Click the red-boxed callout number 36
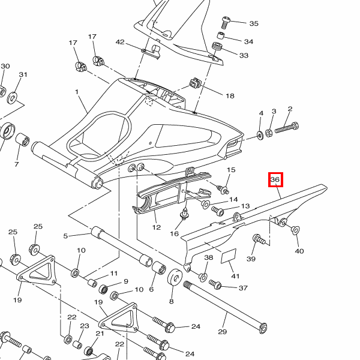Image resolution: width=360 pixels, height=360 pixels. coord(275,179)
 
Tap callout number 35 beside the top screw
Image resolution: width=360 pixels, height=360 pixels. coord(254,23)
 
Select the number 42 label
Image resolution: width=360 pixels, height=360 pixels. coord(120,42)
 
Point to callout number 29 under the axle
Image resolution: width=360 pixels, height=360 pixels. coord(223,332)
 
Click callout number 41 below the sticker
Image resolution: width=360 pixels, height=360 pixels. coord(235,276)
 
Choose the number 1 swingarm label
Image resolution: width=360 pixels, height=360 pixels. coord(77,92)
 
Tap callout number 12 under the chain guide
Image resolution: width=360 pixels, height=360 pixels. coord(157,227)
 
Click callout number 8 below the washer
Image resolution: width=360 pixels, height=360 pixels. coord(171,302)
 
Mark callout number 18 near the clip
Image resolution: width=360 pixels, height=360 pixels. coord(230,95)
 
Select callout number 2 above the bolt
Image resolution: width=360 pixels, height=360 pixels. coord(290,109)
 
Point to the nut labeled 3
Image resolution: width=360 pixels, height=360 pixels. coord(270,131)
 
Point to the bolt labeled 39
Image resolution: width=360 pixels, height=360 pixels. coord(260,240)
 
